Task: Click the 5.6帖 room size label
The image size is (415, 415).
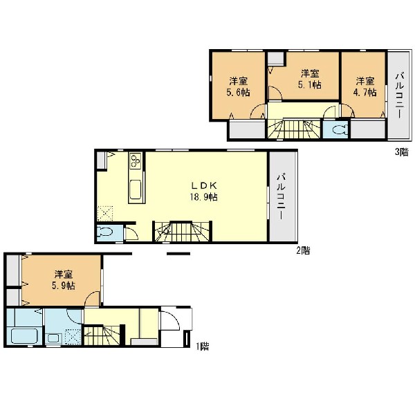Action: (238, 93)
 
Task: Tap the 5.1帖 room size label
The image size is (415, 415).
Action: (309, 85)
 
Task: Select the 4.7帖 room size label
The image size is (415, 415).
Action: (365, 93)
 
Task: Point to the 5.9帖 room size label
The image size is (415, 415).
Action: (63, 286)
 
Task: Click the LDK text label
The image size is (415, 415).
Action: (204, 185)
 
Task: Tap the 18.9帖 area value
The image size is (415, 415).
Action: (204, 197)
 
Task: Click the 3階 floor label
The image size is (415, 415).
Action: (401, 152)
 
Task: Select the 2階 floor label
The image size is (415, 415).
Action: (303, 250)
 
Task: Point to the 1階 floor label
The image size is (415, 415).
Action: (203, 347)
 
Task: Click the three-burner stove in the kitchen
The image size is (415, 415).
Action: (136, 161)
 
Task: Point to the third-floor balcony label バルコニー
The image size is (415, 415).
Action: (399, 96)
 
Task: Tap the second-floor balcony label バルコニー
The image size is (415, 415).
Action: (281, 196)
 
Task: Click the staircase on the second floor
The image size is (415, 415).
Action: (183, 232)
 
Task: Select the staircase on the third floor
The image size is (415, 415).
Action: (294, 129)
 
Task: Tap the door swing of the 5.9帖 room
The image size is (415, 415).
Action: (93, 298)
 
